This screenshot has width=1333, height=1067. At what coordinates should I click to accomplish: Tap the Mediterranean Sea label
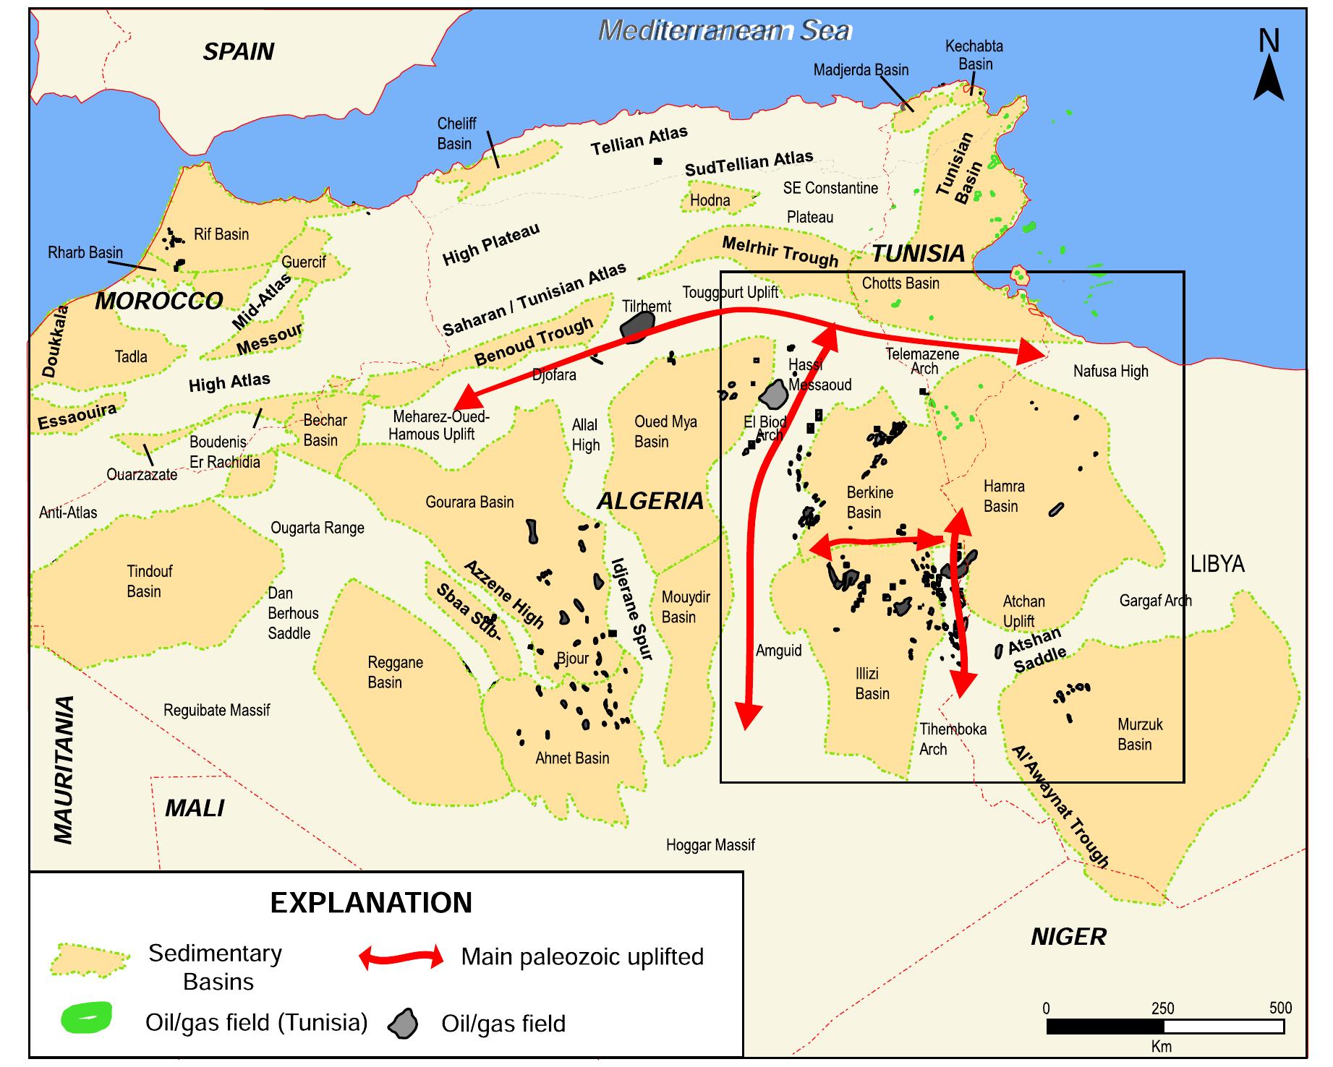tap(725, 31)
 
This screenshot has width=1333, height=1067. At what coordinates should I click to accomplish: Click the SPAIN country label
tap(238, 52)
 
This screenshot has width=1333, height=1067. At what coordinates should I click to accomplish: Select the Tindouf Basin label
tap(148, 581)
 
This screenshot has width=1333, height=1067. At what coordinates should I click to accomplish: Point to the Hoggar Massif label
tap(710, 844)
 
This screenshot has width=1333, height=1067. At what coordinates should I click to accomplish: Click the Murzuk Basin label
tap(1139, 734)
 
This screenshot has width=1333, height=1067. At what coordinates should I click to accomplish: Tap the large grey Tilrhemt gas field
tap(636, 327)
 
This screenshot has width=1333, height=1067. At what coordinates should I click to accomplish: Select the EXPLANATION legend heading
tap(371, 903)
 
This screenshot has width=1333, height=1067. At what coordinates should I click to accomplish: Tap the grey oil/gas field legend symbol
tap(404, 1023)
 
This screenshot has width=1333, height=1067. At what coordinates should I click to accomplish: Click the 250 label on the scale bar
tap(1162, 1008)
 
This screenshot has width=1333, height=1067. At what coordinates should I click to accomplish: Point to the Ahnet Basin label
tap(571, 758)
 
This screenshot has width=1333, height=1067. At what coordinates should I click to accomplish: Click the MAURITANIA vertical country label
tap(64, 770)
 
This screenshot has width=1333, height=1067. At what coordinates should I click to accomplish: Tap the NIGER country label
tap(1068, 937)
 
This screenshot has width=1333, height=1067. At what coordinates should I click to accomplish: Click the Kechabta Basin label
tap(974, 55)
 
